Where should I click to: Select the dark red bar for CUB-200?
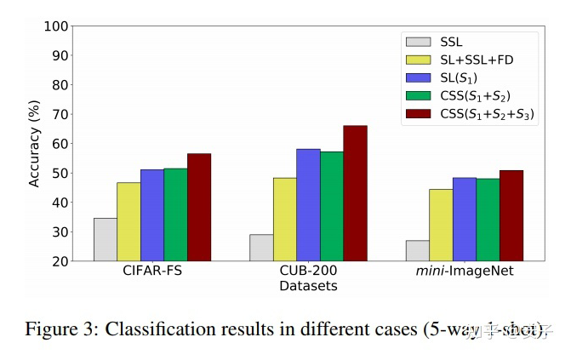[x=355, y=193]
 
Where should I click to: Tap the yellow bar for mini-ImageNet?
[x=441, y=225]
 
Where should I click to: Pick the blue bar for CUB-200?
[x=308, y=205]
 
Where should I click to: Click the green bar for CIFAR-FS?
[x=175, y=214]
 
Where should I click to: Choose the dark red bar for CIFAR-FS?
[x=199, y=207]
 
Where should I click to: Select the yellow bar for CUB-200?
[x=285, y=219]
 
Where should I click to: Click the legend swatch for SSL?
[x=419, y=41]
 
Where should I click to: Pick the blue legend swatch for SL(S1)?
[x=419, y=77]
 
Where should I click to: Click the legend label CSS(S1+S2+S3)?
[x=488, y=114]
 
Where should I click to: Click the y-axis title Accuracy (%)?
[x=35, y=143]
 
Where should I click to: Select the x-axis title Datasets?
[x=308, y=287]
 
